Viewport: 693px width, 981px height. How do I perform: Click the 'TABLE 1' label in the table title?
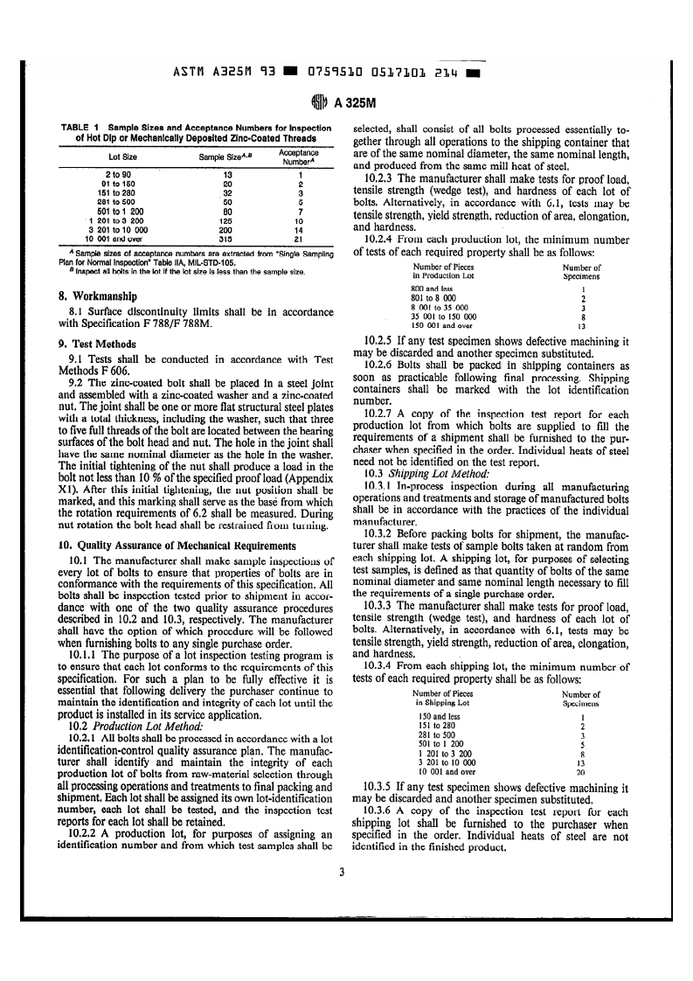(80, 128)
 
